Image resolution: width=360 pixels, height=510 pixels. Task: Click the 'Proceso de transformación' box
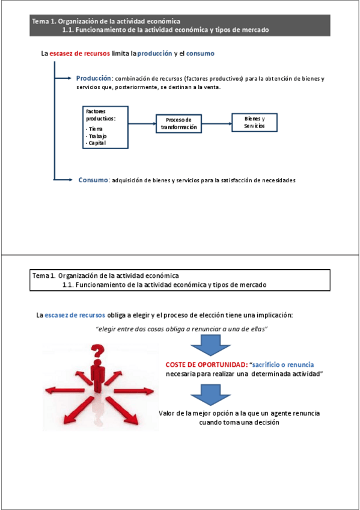click(178, 124)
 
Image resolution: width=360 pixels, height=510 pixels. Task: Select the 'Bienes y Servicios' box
click(254, 123)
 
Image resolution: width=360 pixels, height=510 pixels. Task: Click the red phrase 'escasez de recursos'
click(79, 54)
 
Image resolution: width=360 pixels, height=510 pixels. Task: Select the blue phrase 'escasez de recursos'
click(75, 315)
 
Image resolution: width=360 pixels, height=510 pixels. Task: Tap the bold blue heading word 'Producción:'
click(94, 78)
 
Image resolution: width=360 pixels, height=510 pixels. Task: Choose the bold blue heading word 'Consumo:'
click(94, 180)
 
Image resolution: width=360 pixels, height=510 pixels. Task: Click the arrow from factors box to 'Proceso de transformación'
click(142, 124)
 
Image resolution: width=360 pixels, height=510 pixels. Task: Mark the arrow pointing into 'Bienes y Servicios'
click(217, 124)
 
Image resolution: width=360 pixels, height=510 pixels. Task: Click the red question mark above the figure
click(97, 351)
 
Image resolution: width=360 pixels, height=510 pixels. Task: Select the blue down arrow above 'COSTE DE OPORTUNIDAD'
click(210, 345)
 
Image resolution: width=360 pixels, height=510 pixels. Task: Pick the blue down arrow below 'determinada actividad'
click(210, 395)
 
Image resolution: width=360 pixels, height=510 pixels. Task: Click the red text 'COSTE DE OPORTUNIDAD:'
click(207, 364)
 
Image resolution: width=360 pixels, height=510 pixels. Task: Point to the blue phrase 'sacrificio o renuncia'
click(283, 364)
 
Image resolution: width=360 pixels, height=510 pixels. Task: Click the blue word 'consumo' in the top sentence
click(200, 54)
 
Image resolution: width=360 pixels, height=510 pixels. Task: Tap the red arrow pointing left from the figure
click(65, 390)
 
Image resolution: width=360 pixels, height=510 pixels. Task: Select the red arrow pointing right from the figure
click(133, 391)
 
